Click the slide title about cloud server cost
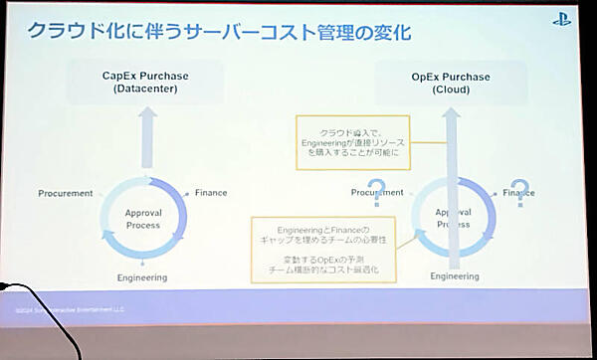coord(219,32)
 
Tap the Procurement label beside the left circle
coord(66,193)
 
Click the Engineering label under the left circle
coord(141,277)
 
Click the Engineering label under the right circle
coord(454,275)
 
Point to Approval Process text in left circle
coord(143,219)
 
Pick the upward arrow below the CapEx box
coord(145,136)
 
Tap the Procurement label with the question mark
coord(377,193)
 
